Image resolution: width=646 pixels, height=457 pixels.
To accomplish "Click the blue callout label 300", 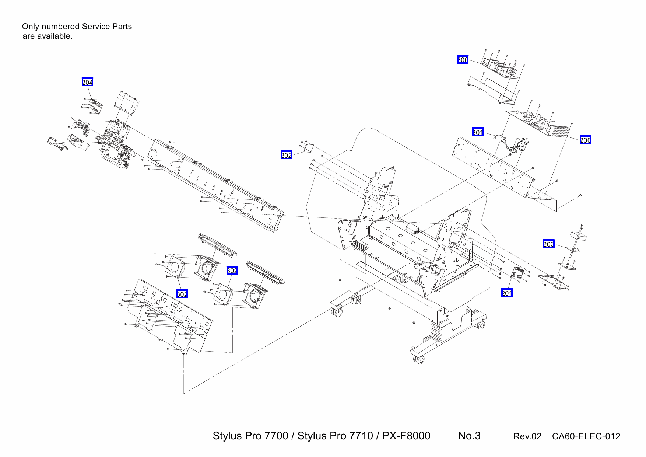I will (x=463, y=59).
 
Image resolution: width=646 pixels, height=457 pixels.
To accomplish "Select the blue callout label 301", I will (x=478, y=132).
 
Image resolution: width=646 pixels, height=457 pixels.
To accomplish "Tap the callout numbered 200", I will (x=585, y=140).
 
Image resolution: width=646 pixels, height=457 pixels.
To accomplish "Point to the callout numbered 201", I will (x=507, y=293).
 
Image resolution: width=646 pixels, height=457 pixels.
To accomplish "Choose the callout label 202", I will (x=286, y=155).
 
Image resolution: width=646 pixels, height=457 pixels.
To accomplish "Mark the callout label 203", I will (x=548, y=244).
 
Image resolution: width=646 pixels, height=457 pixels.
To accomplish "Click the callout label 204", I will (x=87, y=82).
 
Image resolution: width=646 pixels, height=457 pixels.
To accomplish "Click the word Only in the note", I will (x=30, y=27).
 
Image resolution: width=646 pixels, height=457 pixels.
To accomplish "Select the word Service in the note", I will (x=96, y=27).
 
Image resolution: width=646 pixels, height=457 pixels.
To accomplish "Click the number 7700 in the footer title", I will (x=276, y=436).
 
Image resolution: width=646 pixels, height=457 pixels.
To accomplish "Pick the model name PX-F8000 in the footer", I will (x=406, y=436).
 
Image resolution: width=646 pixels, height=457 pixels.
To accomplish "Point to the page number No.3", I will (x=469, y=436).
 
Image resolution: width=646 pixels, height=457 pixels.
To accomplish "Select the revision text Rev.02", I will (x=527, y=436).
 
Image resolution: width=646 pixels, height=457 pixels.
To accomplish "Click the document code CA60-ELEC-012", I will (x=586, y=436).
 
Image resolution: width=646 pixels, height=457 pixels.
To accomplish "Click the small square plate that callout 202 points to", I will (x=309, y=148).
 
